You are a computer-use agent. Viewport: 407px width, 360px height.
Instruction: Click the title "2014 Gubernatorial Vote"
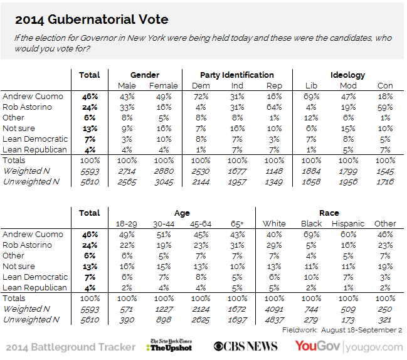[92, 19]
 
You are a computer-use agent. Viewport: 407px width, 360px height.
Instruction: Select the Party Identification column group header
[236, 75]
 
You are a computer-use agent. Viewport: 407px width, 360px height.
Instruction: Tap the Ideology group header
[347, 75]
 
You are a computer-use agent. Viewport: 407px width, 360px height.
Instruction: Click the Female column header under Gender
[164, 86]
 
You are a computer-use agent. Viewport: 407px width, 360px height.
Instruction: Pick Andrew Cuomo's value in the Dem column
[201, 97]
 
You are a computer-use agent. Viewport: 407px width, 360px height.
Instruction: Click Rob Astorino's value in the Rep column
[274, 107]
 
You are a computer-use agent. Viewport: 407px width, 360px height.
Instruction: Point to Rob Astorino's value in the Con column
[385, 107]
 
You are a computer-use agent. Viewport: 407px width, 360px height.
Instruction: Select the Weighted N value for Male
[127, 171]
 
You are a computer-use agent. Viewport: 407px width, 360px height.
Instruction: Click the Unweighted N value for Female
[164, 182]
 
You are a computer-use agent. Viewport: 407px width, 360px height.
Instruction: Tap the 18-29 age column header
[127, 224]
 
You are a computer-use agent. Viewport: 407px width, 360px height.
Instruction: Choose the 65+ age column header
[237, 224]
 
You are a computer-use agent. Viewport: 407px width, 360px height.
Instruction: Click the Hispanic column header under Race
[348, 224]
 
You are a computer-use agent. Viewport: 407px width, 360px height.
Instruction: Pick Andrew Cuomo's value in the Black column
[311, 235]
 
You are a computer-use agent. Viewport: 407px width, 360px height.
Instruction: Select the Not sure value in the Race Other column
[385, 267]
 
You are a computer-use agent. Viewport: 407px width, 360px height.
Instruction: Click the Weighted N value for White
[274, 309]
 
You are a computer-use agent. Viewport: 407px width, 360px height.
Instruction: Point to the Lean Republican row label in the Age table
[34, 288]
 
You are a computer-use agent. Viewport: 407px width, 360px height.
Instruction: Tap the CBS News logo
[246, 346]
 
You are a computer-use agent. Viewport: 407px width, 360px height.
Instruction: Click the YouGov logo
[317, 346]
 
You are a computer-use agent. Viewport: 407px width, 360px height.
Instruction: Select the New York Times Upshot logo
[169, 345]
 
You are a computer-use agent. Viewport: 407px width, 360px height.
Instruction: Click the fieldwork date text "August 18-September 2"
[362, 330]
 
